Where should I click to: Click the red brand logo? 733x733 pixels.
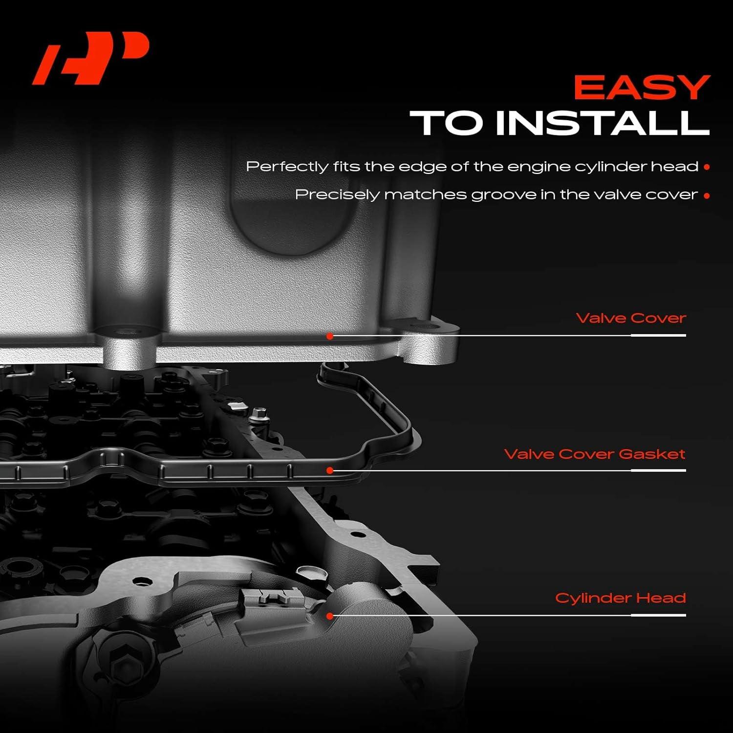[90, 58]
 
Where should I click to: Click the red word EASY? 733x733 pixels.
[641, 88]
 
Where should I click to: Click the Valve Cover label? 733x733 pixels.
[630, 318]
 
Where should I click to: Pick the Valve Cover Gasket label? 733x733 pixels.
[594, 454]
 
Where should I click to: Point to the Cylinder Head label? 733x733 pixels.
[620, 598]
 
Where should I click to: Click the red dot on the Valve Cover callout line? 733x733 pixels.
[330, 336]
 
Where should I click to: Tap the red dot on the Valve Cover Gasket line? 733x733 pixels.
[330, 470]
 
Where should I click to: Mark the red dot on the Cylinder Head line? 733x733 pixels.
[330, 616]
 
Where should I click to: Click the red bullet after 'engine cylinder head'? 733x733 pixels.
[706, 167]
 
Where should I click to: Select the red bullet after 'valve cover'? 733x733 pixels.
[706, 195]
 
